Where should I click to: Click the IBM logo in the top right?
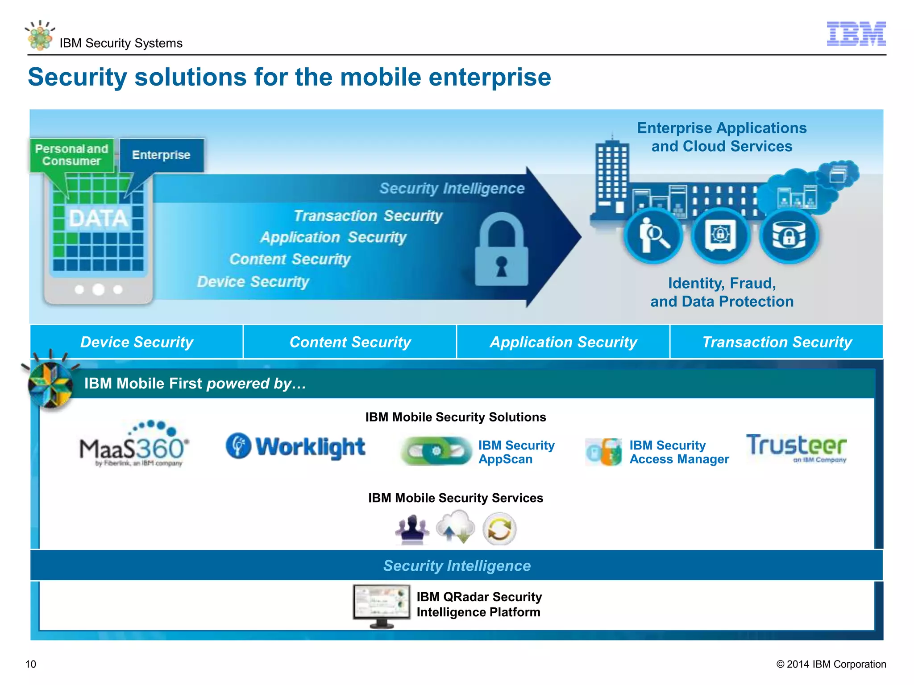point(856,33)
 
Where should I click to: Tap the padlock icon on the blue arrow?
point(501,251)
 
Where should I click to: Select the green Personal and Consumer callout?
point(71,155)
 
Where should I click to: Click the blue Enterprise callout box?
point(161,155)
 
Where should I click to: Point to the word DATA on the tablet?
point(98,219)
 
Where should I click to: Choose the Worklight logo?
point(295,446)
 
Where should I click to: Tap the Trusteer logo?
point(796,447)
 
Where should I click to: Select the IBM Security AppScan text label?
point(516,452)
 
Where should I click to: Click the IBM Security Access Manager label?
point(678,452)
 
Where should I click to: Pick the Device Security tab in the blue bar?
point(137,342)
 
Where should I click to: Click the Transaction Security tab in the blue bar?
point(777,342)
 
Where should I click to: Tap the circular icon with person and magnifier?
point(653,235)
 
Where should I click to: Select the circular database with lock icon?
point(789,235)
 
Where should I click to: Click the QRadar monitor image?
point(382,605)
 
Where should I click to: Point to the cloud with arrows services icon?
point(456,528)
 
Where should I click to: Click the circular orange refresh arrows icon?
point(499,529)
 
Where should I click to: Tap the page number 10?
point(31,664)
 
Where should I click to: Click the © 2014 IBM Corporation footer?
point(831,664)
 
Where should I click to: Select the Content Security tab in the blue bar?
point(350,342)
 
